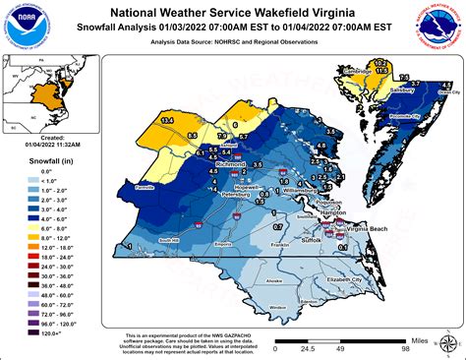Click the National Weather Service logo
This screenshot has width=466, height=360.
coord(438,27)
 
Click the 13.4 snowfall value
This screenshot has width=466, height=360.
coord(167,120)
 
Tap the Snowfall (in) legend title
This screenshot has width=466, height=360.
coord(30,158)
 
